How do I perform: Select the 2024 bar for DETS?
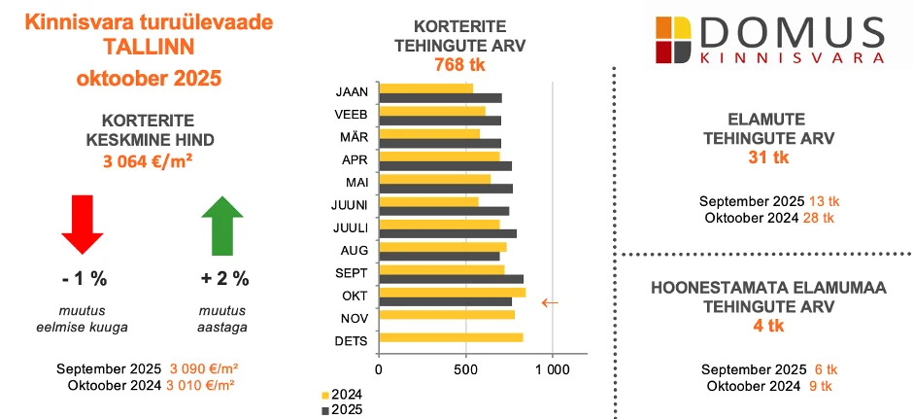451,337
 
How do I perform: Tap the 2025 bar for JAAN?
440,98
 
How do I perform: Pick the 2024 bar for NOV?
447,314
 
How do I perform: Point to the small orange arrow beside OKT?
550,302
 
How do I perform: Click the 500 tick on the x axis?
465,369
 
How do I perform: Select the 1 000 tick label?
552,369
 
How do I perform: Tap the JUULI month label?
349,227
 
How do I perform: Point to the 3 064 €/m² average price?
147,162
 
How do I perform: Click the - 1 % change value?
84,278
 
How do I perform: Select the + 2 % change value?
224,278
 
